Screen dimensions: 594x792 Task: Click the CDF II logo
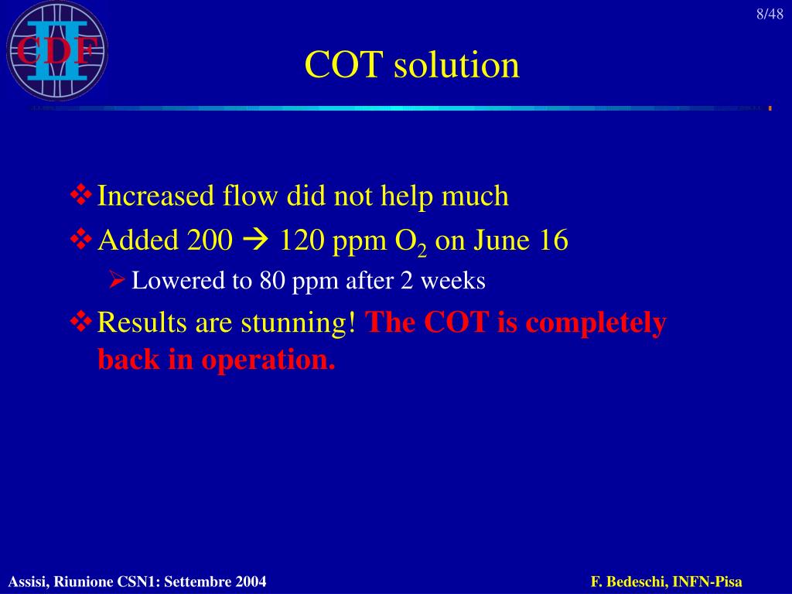[x=56, y=51]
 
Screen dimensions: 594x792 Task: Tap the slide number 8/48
[x=770, y=15]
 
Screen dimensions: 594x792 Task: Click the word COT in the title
[x=344, y=65]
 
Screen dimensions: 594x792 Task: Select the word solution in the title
[x=456, y=65]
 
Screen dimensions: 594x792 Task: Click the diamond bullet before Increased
[x=81, y=196]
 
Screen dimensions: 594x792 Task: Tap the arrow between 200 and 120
[x=255, y=241]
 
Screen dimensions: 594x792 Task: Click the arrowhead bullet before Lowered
[x=118, y=281]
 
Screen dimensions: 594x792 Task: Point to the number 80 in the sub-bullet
[x=273, y=281]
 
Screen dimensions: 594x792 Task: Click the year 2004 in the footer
[x=251, y=582]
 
